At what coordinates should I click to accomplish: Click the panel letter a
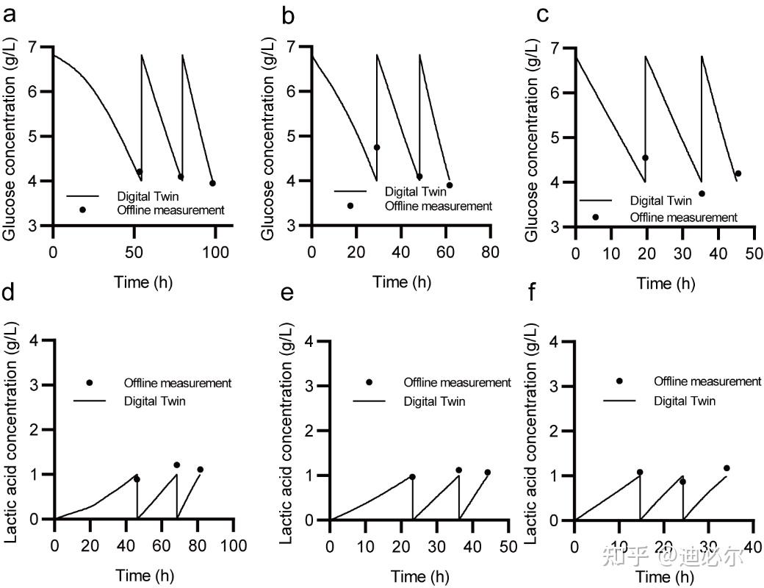click(10, 15)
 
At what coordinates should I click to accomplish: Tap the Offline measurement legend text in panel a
click(170, 210)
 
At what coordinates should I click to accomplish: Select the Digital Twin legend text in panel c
click(661, 200)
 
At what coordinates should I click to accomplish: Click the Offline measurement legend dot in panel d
click(90, 383)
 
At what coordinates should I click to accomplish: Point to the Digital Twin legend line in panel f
click(620, 401)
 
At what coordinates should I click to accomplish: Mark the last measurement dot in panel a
click(212, 183)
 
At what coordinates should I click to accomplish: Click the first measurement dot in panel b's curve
click(377, 148)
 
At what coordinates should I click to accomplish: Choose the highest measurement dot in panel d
click(176, 465)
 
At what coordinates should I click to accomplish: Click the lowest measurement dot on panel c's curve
click(702, 193)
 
